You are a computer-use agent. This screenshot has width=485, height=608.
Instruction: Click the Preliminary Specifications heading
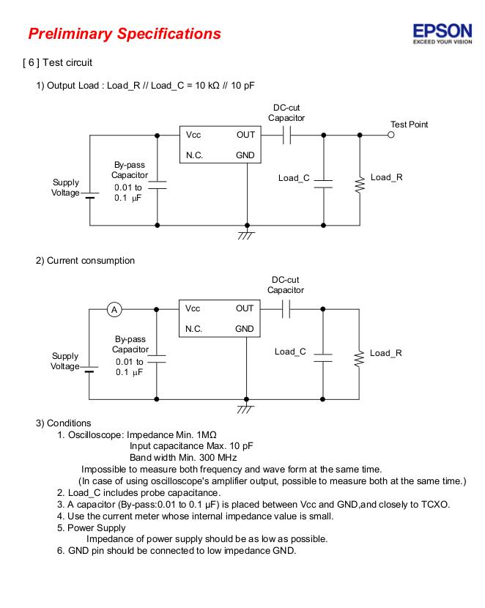[124, 34]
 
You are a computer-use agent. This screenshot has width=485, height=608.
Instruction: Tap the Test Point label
[409, 125]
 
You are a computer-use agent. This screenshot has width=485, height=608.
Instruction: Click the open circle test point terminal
[391, 135]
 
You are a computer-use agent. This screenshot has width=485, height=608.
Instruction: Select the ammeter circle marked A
[114, 309]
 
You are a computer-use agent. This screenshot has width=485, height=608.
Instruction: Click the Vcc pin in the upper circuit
[193, 135]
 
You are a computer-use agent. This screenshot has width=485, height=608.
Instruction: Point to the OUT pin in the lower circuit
[245, 308]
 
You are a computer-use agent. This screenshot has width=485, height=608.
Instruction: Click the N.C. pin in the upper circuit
[194, 155]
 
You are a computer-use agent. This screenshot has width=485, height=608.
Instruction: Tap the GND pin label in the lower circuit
[245, 329]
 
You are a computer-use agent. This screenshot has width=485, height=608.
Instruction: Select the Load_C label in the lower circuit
[290, 352]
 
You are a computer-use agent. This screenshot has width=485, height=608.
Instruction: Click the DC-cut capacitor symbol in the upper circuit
[287, 135]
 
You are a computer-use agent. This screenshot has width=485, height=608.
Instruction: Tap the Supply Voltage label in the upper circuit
[65, 188]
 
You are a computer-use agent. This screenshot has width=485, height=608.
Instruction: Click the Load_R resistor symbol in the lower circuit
[359, 358]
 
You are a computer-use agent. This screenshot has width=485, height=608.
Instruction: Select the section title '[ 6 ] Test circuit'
[58, 62]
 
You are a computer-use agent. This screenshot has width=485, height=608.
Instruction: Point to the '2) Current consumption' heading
[86, 260]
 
